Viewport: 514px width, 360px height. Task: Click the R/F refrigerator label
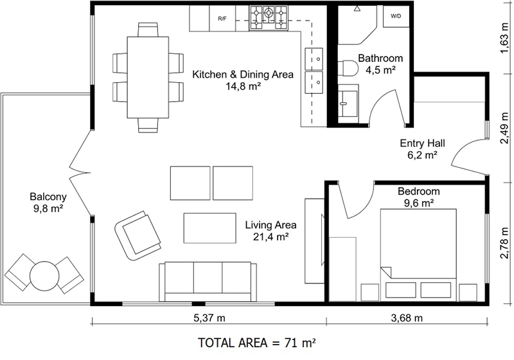(222, 19)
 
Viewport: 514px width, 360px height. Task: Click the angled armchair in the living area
(136, 232)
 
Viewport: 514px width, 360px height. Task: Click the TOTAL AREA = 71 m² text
(257, 343)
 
